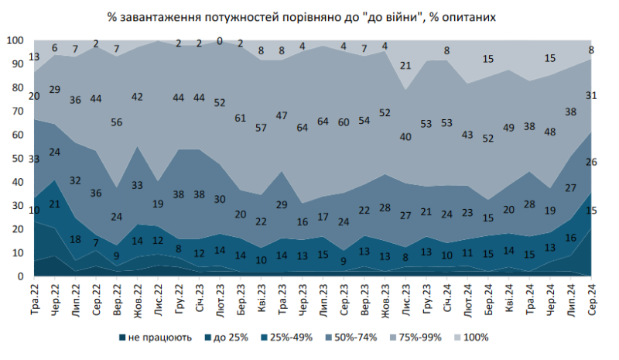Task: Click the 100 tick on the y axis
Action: [15, 40]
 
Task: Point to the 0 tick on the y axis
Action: [20, 276]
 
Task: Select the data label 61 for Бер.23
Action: [241, 118]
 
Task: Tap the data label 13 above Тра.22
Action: [34, 57]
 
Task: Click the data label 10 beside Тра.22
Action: [34, 211]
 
